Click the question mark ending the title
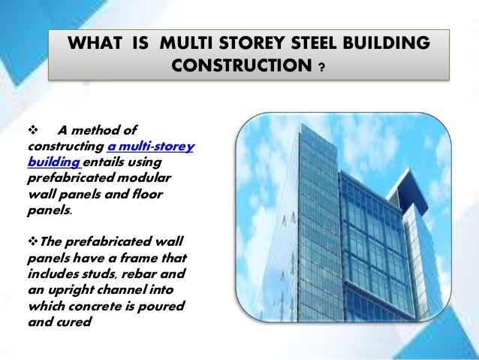(x=321, y=71)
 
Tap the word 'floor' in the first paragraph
(x=147, y=195)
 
